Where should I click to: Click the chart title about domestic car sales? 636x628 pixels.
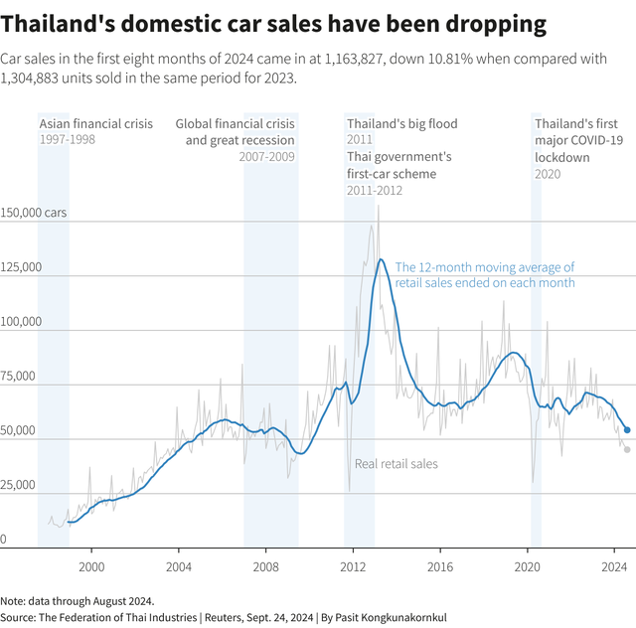click(273, 23)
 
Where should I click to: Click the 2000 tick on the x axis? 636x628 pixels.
click(91, 566)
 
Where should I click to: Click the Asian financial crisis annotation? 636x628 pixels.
click(96, 124)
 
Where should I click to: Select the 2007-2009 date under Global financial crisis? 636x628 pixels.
click(267, 157)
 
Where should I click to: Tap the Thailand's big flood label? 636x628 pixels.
click(401, 124)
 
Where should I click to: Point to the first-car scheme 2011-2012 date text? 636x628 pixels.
click(375, 190)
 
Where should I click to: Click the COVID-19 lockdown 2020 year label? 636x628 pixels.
click(548, 174)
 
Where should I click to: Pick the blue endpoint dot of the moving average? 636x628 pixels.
click(627, 430)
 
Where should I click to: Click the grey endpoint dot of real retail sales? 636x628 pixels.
click(627, 449)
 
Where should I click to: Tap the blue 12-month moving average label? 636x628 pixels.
click(485, 275)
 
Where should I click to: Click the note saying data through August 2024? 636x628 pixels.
click(78, 601)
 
